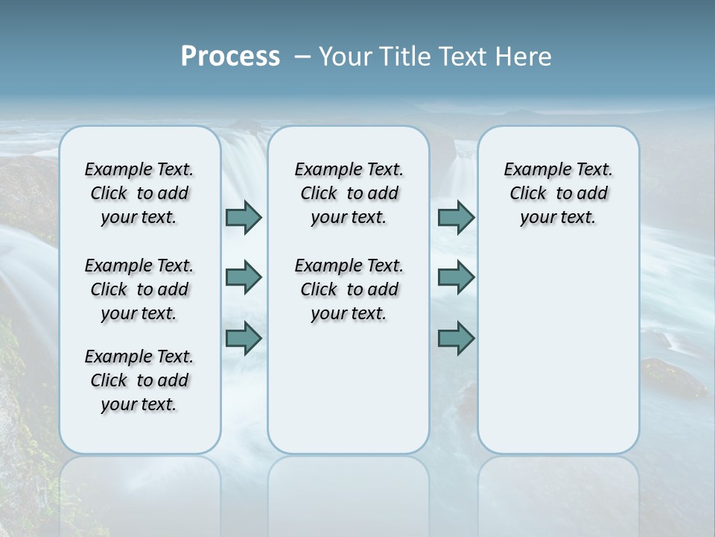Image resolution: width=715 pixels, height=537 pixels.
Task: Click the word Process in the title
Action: point(230,56)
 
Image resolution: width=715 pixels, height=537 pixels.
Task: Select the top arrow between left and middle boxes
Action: point(244,218)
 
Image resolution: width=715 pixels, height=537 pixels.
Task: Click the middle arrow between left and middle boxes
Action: point(244,277)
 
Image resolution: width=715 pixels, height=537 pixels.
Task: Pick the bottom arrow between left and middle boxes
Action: point(244,338)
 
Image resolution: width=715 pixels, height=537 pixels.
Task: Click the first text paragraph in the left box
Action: point(139,193)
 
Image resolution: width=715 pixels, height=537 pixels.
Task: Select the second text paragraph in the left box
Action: point(139,289)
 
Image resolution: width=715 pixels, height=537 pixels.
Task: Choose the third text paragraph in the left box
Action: point(139,380)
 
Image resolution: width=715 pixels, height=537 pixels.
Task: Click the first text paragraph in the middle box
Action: point(349,193)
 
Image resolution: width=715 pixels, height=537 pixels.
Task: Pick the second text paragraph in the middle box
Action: point(349,289)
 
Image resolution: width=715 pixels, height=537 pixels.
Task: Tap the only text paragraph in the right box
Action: point(558,193)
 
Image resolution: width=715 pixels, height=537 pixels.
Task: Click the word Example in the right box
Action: point(532,170)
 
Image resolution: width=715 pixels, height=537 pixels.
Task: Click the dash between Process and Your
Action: point(302,57)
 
